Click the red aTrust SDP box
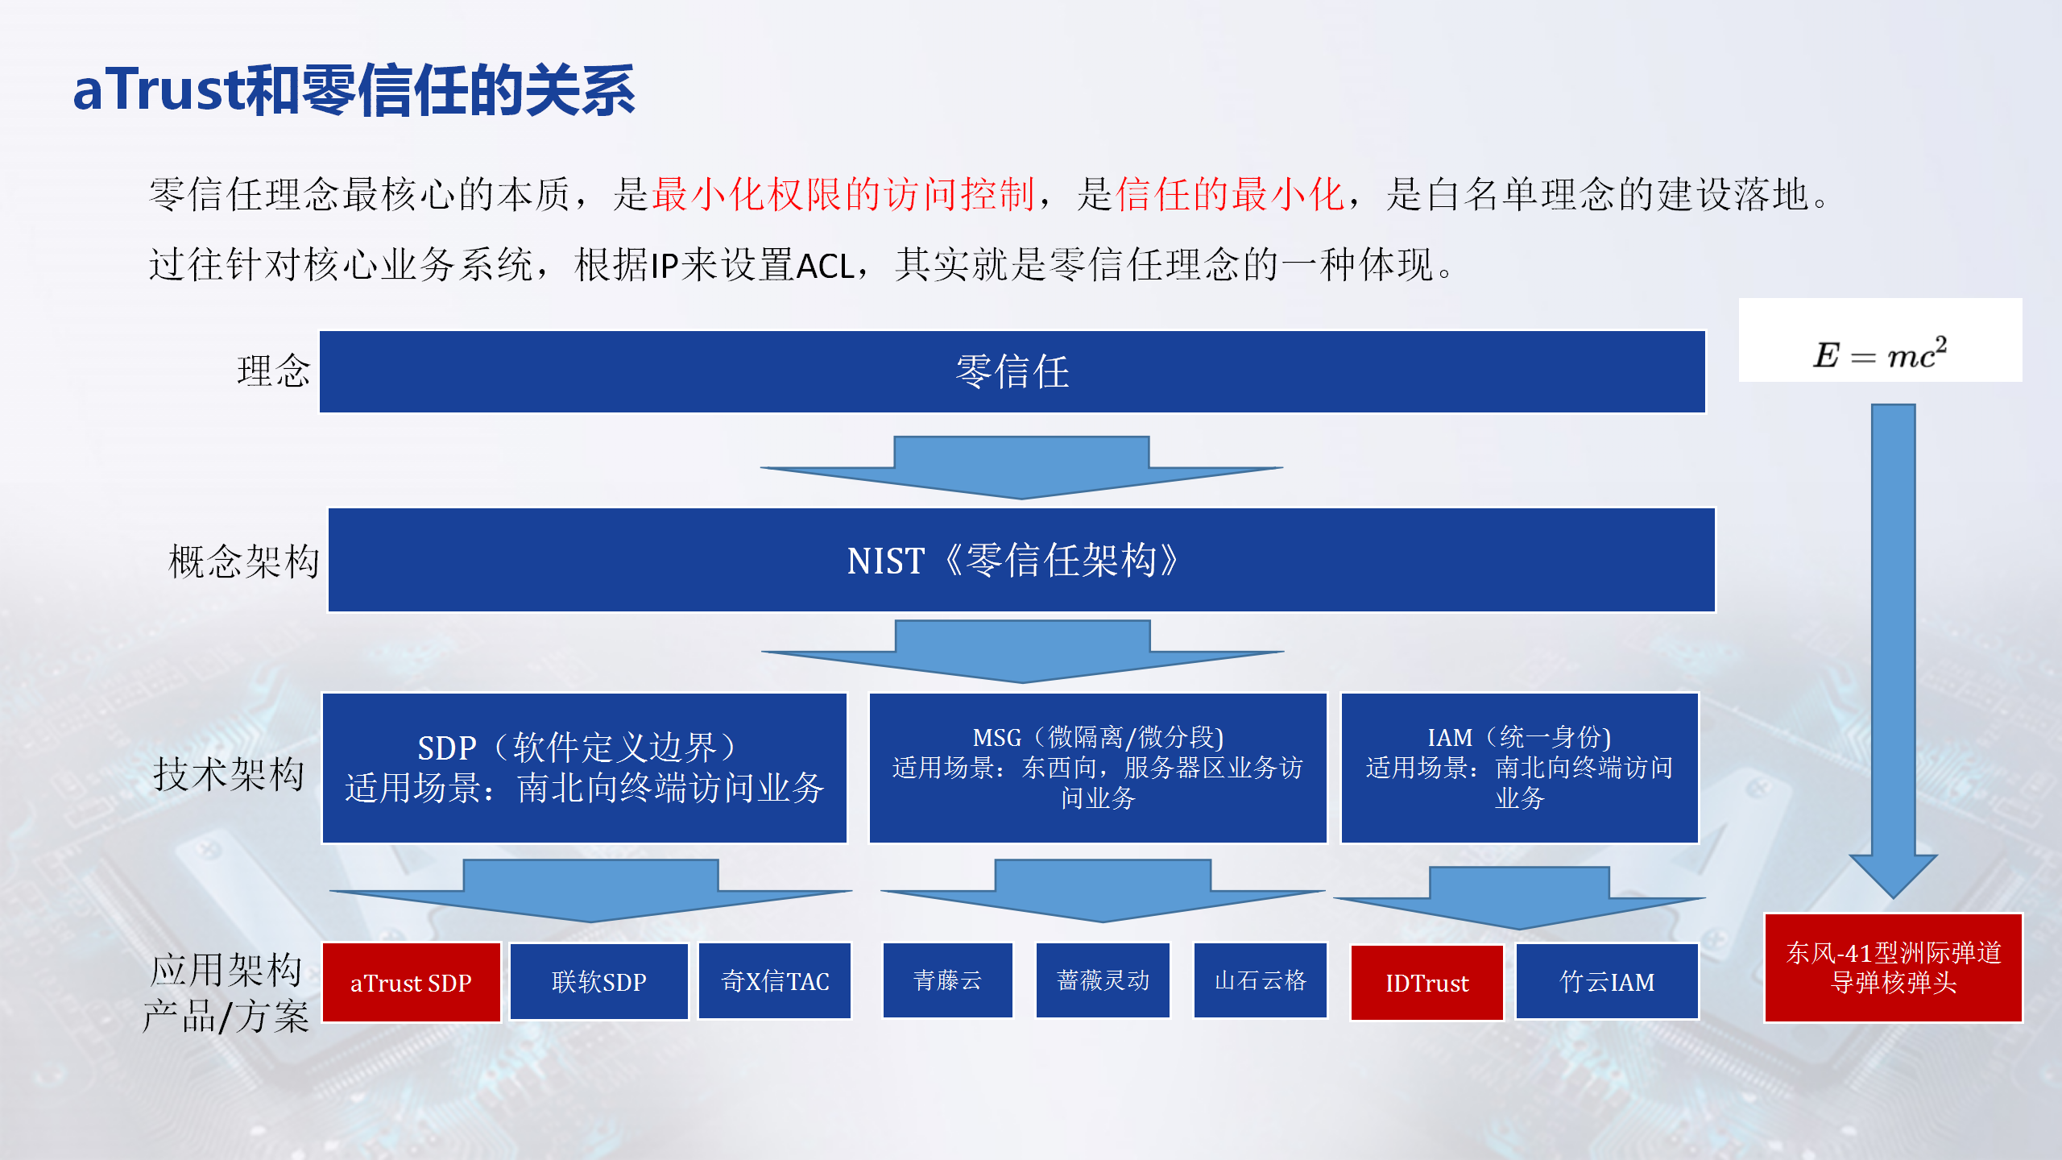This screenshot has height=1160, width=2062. [412, 982]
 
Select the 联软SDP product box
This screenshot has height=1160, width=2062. [599, 981]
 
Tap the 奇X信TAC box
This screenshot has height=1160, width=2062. [775, 981]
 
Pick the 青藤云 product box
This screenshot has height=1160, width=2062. [948, 980]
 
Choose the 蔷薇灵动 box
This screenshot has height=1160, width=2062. [1103, 980]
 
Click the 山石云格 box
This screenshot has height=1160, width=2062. [1261, 980]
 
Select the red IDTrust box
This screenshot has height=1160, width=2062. [1427, 983]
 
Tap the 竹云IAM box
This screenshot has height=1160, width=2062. [1608, 982]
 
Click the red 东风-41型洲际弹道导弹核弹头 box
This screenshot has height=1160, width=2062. [1894, 967]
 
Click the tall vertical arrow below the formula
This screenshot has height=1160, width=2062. [1893, 651]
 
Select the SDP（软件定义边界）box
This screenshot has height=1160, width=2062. [585, 768]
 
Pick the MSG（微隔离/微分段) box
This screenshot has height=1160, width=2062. [1098, 768]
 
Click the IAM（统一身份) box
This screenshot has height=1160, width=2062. [1520, 768]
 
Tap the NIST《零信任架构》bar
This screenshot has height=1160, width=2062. [1021, 560]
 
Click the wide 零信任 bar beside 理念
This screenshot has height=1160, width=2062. [1012, 371]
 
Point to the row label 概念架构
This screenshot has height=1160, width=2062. [244, 561]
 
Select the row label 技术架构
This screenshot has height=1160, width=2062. [230, 774]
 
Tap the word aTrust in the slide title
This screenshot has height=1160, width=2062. [158, 89]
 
